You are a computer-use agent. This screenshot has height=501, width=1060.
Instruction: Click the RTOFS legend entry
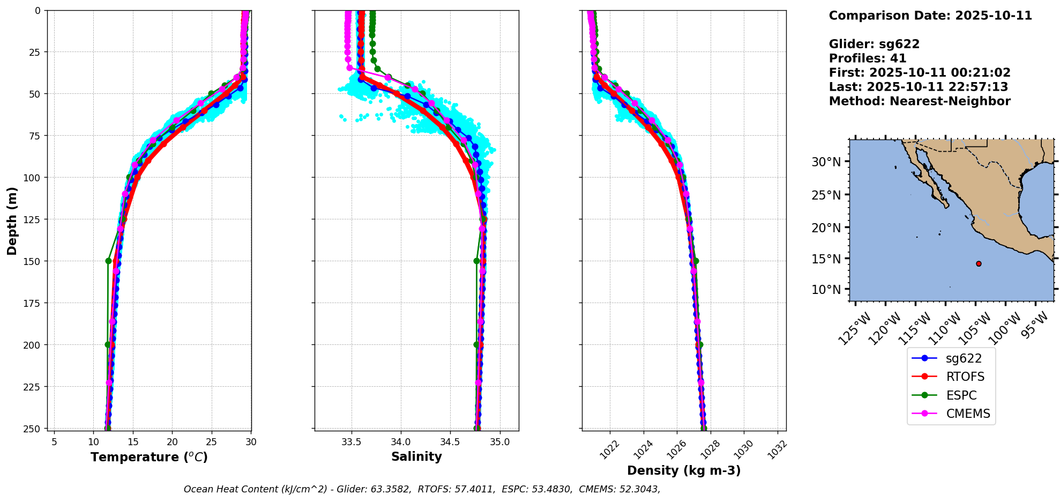pyautogui.click(x=951, y=377)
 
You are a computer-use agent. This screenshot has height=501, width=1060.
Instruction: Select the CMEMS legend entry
pyautogui.click(x=951, y=414)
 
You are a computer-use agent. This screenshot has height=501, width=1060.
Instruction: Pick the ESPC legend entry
pyautogui.click(x=951, y=395)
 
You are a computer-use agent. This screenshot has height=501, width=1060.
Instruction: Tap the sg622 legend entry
pyautogui.click(x=951, y=358)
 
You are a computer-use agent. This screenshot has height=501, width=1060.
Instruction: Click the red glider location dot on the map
pyautogui.click(x=979, y=263)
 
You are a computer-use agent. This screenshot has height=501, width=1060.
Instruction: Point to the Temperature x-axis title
pyautogui.click(x=149, y=457)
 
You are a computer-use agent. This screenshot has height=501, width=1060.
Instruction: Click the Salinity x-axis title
pyautogui.click(x=416, y=456)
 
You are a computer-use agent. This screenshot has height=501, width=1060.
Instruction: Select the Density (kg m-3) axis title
pyautogui.click(x=684, y=470)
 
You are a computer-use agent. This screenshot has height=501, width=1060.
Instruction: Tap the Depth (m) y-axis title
pyautogui.click(x=12, y=220)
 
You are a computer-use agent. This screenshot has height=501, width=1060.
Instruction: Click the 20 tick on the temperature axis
pyautogui.click(x=172, y=442)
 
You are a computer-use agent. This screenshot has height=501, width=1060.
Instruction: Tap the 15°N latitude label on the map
pyautogui.click(x=826, y=259)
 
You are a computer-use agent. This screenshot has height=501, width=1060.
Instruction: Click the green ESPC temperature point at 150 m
pyautogui.click(x=108, y=261)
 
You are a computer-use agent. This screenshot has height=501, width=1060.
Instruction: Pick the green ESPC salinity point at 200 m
pyautogui.click(x=476, y=344)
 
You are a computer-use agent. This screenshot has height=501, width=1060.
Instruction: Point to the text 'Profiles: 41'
pyautogui.click(x=867, y=58)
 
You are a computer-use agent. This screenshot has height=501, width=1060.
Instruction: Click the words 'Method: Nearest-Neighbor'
pyautogui.click(x=919, y=101)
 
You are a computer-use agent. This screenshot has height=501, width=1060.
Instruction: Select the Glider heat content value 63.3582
pyautogui.click(x=391, y=489)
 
